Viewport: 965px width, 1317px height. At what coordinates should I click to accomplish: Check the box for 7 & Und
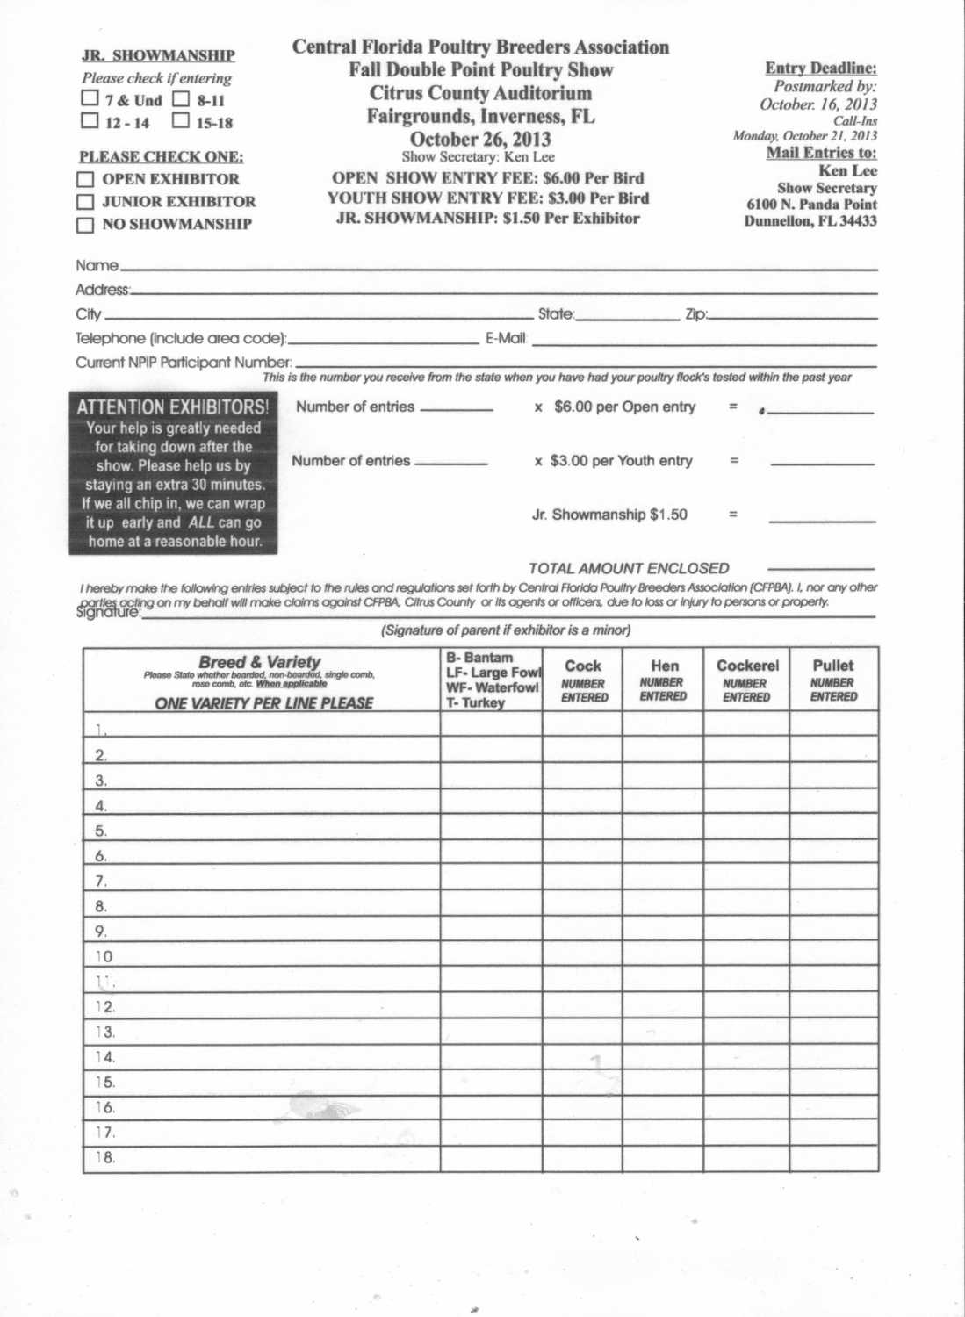pos(90,98)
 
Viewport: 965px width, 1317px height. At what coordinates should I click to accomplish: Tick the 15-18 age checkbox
pos(181,120)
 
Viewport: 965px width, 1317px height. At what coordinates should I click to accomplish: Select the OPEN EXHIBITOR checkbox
pos(85,179)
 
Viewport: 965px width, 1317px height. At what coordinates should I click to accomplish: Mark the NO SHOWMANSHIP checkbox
pos(85,225)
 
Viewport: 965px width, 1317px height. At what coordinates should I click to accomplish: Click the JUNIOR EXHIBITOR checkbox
pos(85,202)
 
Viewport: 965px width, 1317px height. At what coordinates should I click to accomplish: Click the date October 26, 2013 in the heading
pos(480,139)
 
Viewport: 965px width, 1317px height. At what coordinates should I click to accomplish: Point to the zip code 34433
pos(858,221)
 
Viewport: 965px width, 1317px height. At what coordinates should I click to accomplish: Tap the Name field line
pos(496,267)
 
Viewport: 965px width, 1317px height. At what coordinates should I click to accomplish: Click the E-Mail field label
pos(506,339)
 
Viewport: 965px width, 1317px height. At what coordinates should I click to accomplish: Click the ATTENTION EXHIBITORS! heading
pos(173,407)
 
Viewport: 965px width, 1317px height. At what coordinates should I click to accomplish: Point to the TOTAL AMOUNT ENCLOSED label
pos(629,569)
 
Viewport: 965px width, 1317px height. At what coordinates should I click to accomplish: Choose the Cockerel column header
pos(747,666)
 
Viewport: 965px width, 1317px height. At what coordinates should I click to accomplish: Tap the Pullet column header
pos(832,666)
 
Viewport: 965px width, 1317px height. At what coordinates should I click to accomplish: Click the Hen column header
pos(665,666)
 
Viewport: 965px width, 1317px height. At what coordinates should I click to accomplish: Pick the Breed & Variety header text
pos(260,662)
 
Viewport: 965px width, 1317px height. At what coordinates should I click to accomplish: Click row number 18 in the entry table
pos(105,1158)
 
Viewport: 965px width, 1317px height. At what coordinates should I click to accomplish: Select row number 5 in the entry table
pos(101,831)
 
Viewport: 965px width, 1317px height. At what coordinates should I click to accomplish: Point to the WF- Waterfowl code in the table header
pos(492,687)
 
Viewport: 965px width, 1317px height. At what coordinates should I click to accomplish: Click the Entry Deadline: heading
pos(820,68)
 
